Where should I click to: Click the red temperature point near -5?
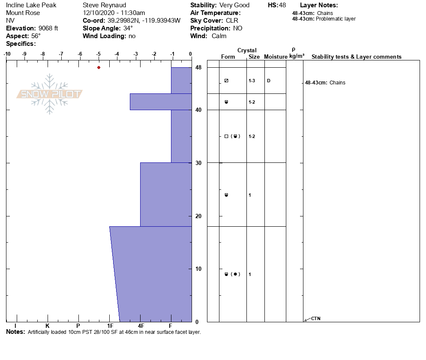pos(99,67)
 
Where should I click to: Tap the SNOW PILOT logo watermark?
pos(50,94)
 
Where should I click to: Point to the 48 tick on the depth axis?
pos(198,68)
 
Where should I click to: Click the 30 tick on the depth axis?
pos(198,163)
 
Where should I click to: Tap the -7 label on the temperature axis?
pos(61,54)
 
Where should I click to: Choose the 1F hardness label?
pos(110,326)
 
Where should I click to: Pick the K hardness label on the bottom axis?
pos(48,326)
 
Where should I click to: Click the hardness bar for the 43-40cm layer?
pos(161,102)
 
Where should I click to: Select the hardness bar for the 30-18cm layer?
pos(166,194)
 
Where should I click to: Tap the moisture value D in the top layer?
pos(269,81)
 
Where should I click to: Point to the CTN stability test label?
pos(315,318)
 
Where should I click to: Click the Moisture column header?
pos(275,57)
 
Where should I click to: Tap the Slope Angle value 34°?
pos(127,28)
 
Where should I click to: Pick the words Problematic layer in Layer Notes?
pos(336,19)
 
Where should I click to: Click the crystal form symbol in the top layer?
pos(226,81)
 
